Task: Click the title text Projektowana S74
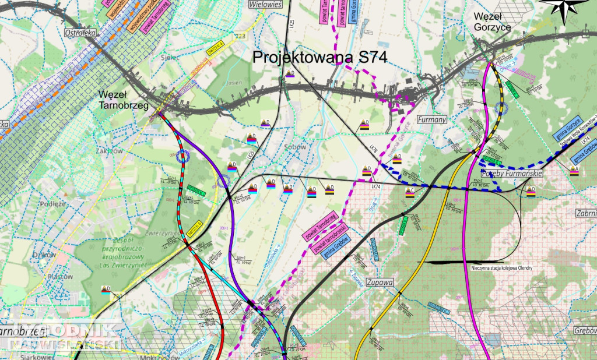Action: (x=320, y=58)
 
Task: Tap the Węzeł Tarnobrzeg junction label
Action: (x=123, y=100)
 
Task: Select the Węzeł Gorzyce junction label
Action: (x=493, y=22)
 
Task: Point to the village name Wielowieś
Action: (x=265, y=4)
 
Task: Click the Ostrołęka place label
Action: (x=80, y=33)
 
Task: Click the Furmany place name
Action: (x=432, y=119)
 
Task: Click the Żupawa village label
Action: (x=381, y=283)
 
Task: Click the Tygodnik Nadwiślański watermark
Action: (x=61, y=337)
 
